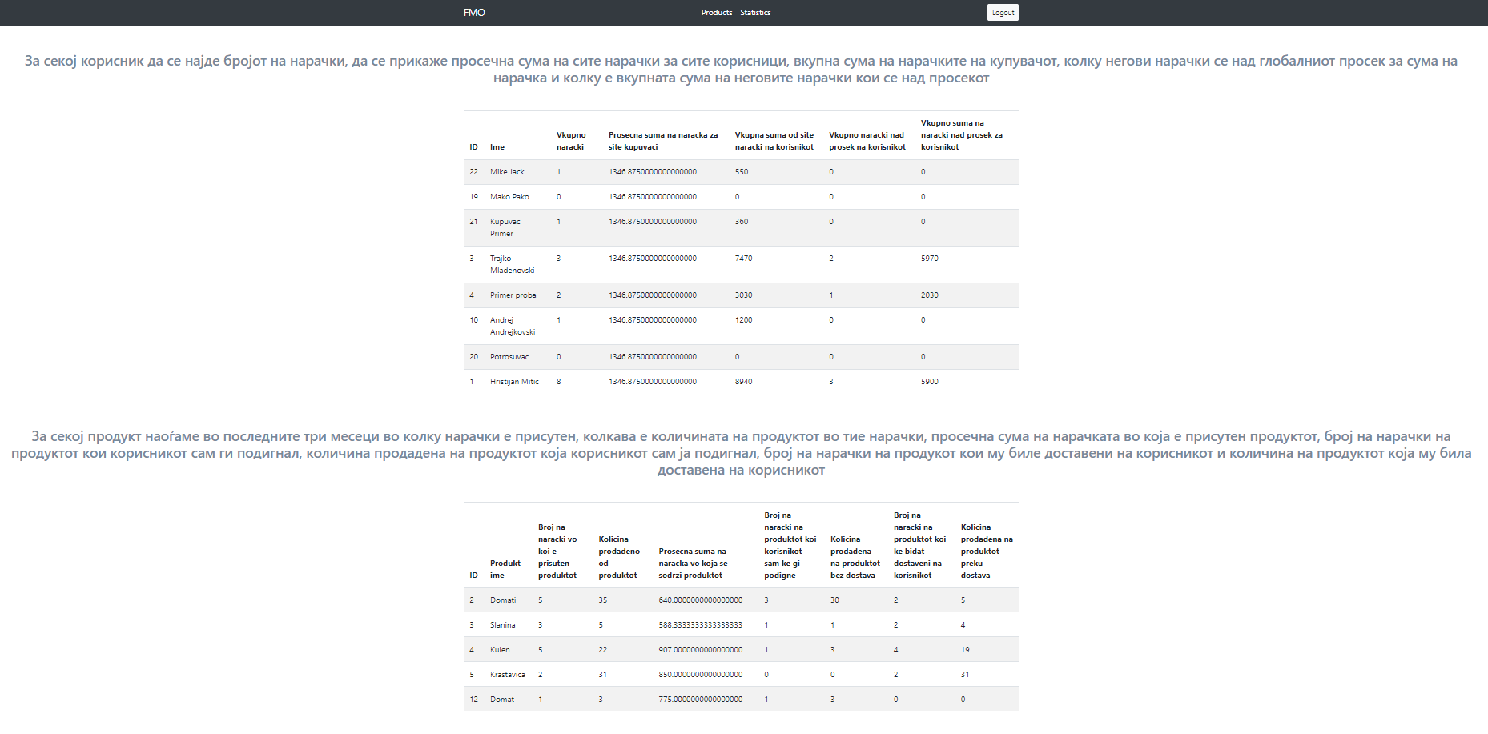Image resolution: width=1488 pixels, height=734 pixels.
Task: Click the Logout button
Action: tap(1003, 13)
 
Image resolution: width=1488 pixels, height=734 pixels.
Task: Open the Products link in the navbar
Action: tap(716, 13)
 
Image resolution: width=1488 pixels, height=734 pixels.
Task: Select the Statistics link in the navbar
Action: tap(755, 13)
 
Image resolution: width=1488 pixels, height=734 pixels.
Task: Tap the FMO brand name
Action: tap(474, 13)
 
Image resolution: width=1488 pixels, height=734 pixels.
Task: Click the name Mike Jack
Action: tap(507, 172)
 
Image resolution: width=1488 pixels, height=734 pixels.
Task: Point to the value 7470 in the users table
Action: tap(743, 259)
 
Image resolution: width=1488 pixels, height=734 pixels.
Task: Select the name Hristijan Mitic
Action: tap(514, 382)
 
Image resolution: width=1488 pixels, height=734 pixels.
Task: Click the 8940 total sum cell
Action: tap(743, 382)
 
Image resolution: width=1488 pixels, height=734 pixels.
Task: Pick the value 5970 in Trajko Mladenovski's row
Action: tap(929, 259)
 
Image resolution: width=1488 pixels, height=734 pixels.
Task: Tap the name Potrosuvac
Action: tap(509, 357)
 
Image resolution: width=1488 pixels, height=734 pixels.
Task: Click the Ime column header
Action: tap(497, 147)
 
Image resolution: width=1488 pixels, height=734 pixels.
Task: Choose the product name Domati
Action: tap(503, 600)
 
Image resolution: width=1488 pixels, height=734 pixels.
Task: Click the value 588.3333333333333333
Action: tap(700, 625)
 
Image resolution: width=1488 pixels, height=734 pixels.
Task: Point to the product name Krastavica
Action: tap(508, 675)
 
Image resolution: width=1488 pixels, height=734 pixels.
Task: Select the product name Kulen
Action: tap(500, 650)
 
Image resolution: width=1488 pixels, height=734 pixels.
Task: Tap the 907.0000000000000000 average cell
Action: tap(700, 650)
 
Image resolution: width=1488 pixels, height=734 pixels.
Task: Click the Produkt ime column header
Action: tap(505, 569)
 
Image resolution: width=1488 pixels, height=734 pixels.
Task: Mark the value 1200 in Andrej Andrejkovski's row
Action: tap(743, 320)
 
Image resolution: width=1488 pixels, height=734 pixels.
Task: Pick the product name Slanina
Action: tap(503, 625)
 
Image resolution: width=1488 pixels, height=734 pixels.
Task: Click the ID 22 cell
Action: tap(473, 172)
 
